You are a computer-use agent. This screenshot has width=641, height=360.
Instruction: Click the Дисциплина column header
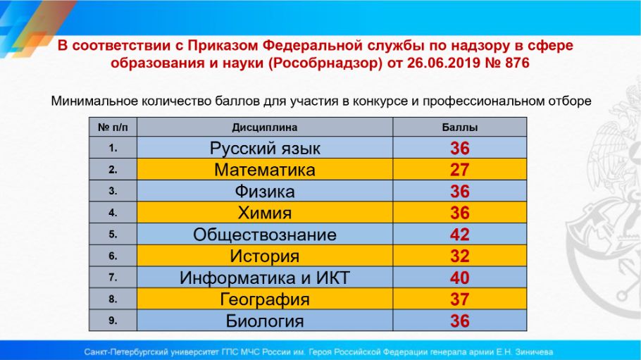(264, 128)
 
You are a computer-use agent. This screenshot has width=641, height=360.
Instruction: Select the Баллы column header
(459, 128)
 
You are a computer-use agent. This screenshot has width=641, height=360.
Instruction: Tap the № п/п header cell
(113, 128)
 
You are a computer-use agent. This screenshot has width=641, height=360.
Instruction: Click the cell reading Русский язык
(265, 148)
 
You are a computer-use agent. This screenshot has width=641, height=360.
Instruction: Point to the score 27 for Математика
(459, 170)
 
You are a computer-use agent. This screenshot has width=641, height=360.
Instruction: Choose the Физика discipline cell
(265, 192)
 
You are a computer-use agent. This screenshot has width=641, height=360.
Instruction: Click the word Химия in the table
(265, 213)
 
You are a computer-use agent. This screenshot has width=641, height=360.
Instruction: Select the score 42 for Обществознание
(459, 235)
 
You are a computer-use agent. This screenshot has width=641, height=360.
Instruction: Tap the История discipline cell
(265, 256)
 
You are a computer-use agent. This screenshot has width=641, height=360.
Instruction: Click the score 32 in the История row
(459, 256)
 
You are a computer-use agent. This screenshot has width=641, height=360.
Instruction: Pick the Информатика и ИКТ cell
(265, 278)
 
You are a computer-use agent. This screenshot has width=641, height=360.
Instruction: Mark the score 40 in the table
(459, 278)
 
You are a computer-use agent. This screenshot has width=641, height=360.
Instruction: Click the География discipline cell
(265, 299)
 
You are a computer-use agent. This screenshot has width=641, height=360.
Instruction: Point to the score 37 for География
(459, 299)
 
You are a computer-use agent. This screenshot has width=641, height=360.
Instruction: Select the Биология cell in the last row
(265, 321)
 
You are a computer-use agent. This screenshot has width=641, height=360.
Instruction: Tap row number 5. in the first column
(113, 235)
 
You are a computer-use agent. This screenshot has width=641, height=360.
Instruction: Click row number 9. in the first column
(113, 321)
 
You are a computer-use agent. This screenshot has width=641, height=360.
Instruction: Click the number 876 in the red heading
(517, 63)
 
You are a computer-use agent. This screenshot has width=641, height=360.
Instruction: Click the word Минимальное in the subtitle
(95, 101)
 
